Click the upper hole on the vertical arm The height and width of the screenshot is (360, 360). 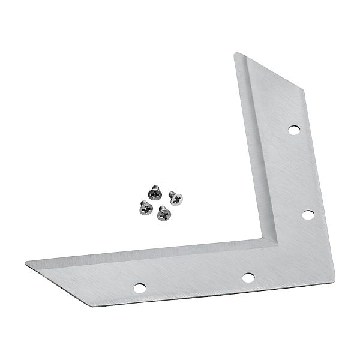point(294,129)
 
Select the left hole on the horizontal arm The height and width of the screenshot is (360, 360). point(139,287)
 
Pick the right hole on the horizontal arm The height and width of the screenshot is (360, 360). point(247,277)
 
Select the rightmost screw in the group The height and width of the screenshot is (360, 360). point(176,198)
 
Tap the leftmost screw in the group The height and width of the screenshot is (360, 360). point(145,208)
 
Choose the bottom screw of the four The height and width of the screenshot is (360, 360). point(162,214)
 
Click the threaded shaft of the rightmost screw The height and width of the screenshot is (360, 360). point(172,194)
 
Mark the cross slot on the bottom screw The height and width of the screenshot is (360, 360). point(163,215)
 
